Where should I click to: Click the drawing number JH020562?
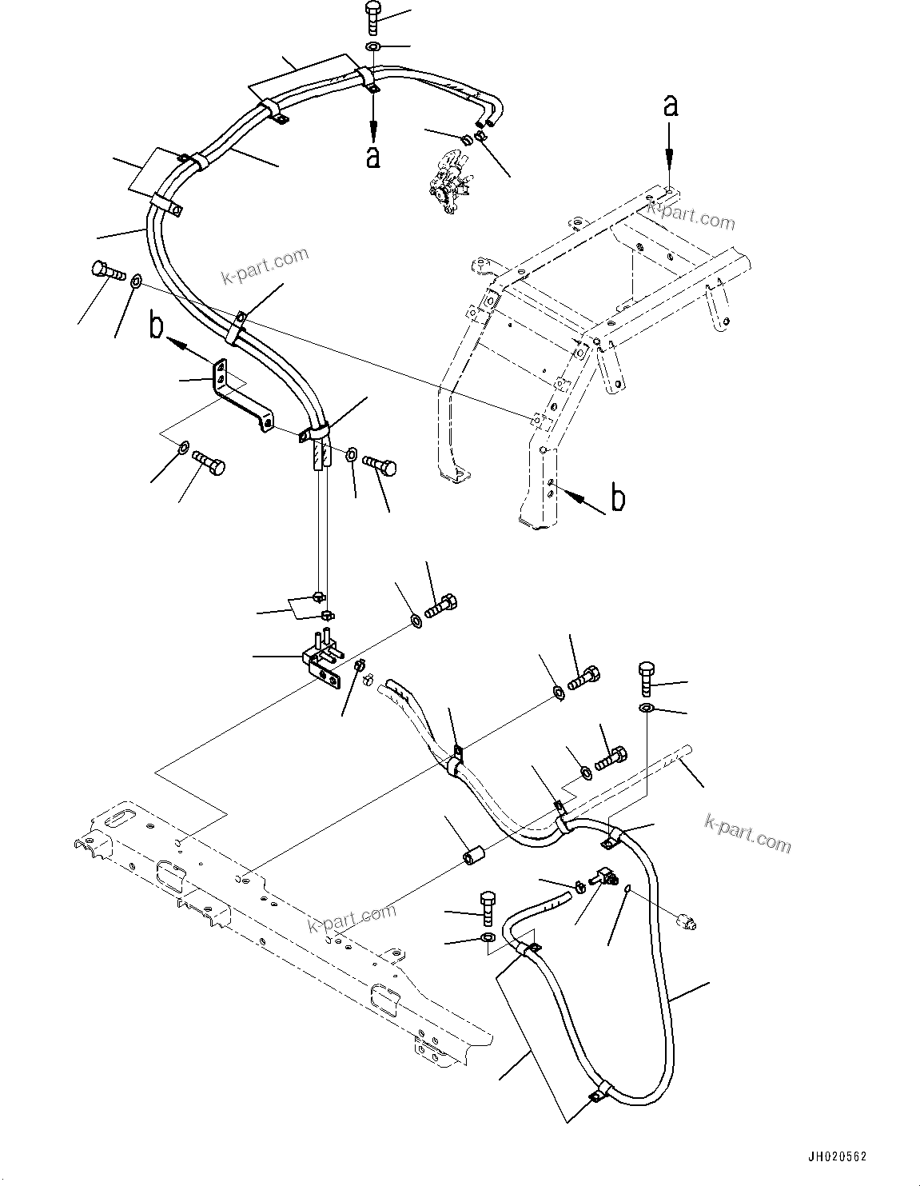835,1156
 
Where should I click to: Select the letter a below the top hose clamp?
372,156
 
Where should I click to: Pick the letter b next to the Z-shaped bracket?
157,327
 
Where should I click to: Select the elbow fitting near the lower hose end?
603,878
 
